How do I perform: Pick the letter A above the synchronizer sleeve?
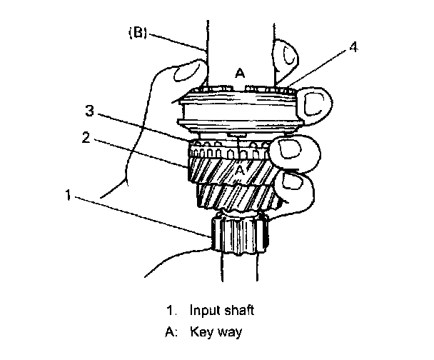pos(241,74)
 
